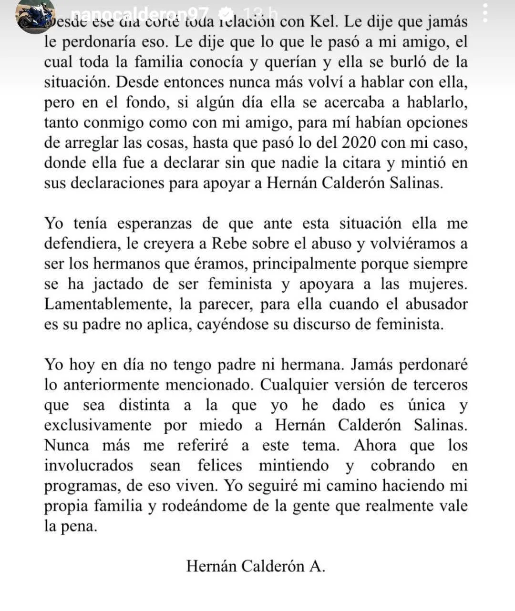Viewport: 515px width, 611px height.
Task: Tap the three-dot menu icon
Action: point(485,13)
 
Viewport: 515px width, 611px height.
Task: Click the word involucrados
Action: point(88,466)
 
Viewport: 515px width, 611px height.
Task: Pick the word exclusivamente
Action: point(98,425)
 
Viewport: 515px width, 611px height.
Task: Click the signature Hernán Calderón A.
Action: point(256,566)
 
